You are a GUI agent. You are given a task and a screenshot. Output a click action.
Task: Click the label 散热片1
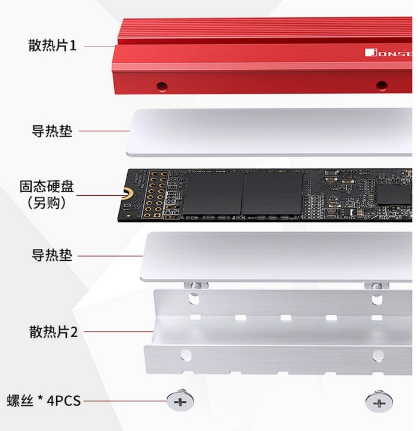(x=53, y=45)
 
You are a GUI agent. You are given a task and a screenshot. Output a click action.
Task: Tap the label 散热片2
(x=53, y=332)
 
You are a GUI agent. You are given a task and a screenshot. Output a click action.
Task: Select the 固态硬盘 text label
(x=47, y=186)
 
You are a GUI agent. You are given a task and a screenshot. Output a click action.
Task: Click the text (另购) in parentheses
(x=47, y=203)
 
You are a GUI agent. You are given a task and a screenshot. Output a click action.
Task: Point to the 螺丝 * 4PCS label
(x=44, y=401)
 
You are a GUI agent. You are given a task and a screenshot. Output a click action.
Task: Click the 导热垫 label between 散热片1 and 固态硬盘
(x=52, y=131)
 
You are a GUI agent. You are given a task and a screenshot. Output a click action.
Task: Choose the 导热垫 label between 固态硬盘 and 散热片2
(x=52, y=255)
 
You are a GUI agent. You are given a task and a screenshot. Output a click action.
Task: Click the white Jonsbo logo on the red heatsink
(x=388, y=53)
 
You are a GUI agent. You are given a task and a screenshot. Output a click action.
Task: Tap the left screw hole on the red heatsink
(x=162, y=86)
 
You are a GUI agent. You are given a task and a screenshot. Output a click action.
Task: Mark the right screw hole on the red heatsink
(x=382, y=85)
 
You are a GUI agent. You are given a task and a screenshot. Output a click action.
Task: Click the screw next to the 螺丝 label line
(x=180, y=401)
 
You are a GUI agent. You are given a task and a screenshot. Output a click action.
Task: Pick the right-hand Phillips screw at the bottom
(x=379, y=402)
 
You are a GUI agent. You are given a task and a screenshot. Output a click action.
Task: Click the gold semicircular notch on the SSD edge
(x=127, y=193)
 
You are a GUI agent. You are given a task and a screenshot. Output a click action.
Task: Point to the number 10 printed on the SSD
(x=127, y=207)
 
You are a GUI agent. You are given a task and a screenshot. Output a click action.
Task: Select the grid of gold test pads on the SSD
(x=155, y=195)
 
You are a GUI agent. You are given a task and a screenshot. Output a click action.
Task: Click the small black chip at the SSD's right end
(x=394, y=195)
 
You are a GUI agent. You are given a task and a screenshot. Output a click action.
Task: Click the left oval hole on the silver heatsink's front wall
(x=186, y=355)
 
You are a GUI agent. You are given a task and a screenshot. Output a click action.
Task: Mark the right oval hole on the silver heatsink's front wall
(x=378, y=356)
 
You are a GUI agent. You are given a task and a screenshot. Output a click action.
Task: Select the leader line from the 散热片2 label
(x=118, y=331)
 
